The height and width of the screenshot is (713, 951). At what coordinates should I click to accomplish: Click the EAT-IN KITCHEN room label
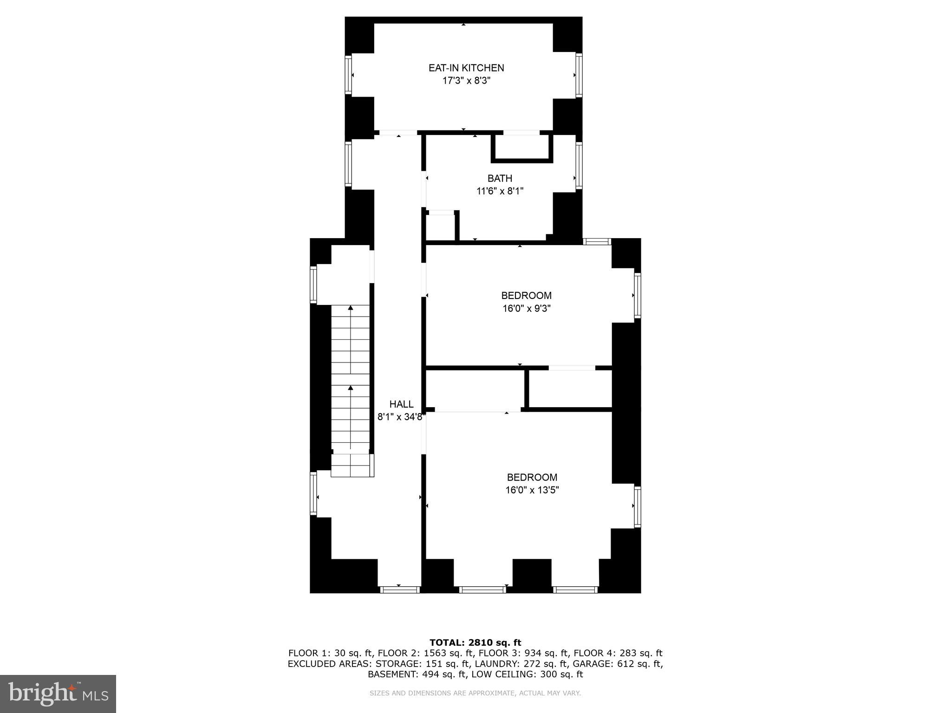466,68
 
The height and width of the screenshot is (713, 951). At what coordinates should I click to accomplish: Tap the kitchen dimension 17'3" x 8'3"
466,81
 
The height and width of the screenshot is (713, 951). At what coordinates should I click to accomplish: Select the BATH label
500,178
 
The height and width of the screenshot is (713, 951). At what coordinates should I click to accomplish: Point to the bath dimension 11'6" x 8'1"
500,191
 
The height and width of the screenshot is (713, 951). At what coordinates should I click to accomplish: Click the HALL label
401,404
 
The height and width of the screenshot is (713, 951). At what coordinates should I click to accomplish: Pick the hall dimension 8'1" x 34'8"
401,417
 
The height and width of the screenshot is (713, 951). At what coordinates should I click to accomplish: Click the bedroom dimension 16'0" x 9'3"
526,308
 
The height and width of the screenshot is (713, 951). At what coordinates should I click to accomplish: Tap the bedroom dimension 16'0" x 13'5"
532,490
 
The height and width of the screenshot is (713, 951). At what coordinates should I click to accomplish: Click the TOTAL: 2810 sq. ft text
475,642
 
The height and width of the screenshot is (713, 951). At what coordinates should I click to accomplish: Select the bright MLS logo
58,694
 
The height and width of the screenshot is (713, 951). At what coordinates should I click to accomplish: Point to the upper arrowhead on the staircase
351,308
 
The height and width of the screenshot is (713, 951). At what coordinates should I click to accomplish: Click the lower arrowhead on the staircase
351,388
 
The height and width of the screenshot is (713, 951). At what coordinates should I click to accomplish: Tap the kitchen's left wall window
348,75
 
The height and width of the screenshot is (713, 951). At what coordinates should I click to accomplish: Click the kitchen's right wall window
579,75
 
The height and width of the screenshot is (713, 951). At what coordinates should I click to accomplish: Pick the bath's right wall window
579,165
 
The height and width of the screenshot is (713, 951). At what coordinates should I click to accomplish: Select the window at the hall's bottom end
399,590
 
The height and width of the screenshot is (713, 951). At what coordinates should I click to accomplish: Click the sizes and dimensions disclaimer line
475,693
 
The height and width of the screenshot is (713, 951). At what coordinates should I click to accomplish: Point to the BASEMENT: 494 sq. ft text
417,674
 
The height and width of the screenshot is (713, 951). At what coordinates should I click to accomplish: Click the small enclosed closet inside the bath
522,148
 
